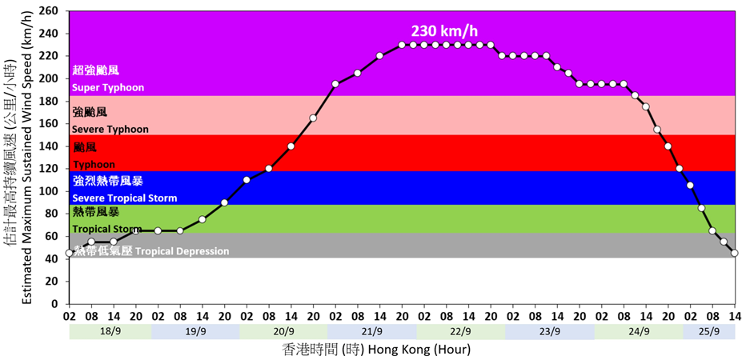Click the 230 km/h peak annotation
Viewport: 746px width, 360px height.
coord(444,31)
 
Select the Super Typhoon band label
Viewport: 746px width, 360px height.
coord(108,87)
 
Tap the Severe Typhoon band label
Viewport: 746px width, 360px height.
coord(110,129)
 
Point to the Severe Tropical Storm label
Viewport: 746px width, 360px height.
coord(124,198)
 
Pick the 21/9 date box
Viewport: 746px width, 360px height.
coord(372,330)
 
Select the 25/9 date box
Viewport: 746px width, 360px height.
coord(708,330)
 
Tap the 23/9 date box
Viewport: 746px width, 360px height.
coord(548,330)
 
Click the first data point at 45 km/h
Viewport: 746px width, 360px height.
coord(69,253)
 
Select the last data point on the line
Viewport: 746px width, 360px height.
coord(735,253)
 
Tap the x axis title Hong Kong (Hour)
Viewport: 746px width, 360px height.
coord(376,350)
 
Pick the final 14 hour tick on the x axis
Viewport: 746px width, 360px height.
coord(735,316)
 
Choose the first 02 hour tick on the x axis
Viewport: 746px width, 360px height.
coord(69,316)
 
